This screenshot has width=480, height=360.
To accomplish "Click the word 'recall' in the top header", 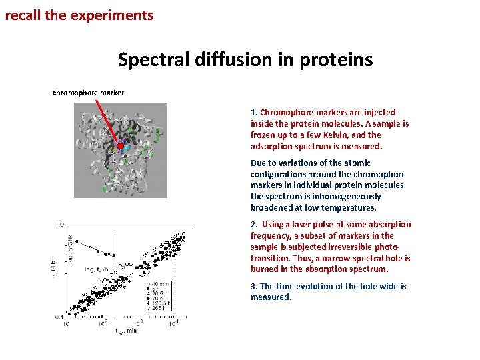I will pyautogui.click(x=23, y=15).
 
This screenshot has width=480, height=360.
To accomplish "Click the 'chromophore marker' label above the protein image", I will pyautogui.click(x=88, y=93).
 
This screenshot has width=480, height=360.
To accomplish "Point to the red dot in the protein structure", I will pyautogui.click(x=120, y=145).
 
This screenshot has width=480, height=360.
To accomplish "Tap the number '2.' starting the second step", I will pyautogui.click(x=255, y=225).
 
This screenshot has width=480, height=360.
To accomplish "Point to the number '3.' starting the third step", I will pyautogui.click(x=254, y=286).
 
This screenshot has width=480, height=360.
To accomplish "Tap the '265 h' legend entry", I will pyautogui.click(x=157, y=315).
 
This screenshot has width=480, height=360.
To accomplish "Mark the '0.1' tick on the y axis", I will pyautogui.click(x=59, y=317).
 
